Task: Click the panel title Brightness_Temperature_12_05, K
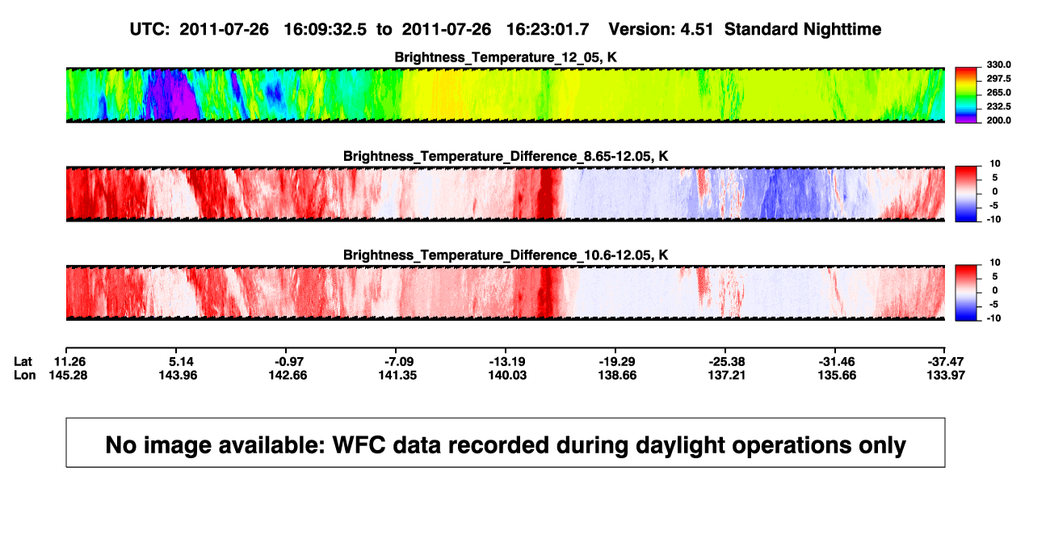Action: tap(506, 57)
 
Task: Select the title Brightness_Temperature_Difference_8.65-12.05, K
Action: tap(506, 156)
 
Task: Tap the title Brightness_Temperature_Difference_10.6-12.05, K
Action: tap(506, 255)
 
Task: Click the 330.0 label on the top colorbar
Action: tap(998, 65)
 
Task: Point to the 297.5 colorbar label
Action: tap(998, 78)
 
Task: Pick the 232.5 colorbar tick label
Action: tap(998, 107)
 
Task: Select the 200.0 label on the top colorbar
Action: tap(998, 120)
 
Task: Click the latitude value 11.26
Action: tap(69, 362)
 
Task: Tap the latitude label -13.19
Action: tap(507, 362)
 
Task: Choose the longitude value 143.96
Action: tap(178, 375)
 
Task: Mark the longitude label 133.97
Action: tap(946, 375)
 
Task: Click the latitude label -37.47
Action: tap(946, 362)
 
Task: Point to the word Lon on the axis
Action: tap(25, 375)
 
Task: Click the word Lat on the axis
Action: tap(23, 362)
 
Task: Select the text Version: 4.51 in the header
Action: tap(661, 30)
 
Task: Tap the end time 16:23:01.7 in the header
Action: tap(548, 30)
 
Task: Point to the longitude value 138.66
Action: tap(617, 375)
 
